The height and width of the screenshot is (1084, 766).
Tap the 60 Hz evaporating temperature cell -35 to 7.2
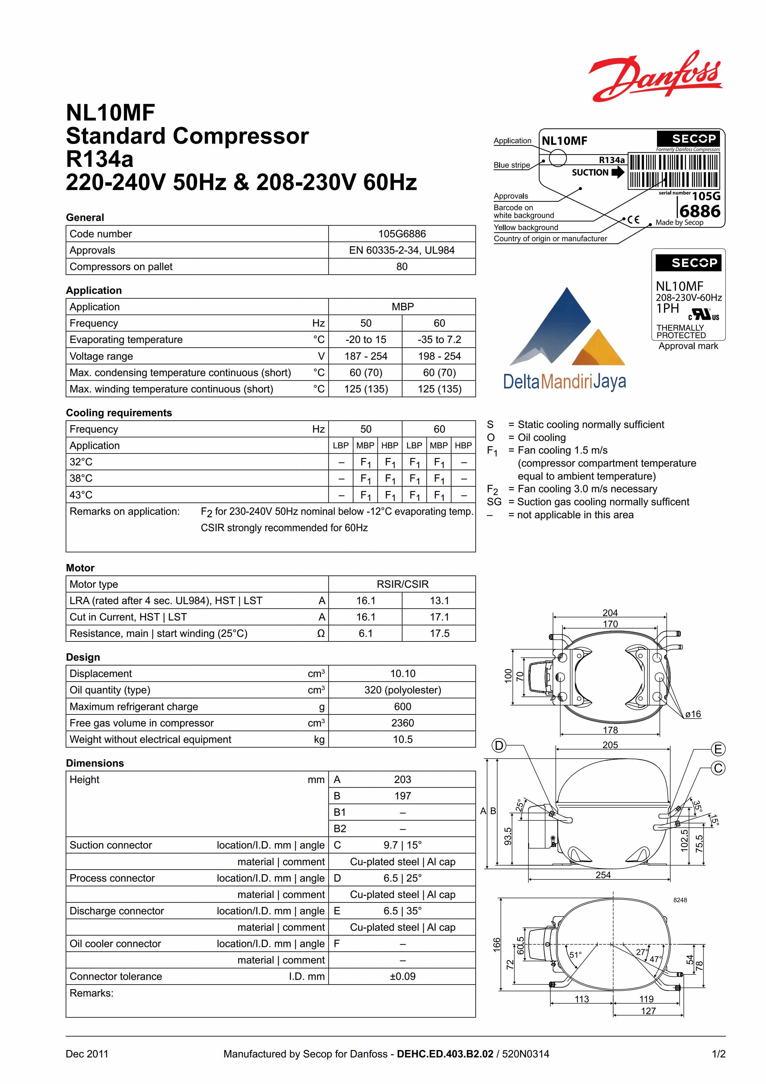coord(439,340)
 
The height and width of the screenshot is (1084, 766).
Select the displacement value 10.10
coord(402,674)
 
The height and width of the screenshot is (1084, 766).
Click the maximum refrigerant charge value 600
coord(402,707)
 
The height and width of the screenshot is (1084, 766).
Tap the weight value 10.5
coord(402,739)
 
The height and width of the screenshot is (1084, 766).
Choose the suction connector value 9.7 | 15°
coord(402,845)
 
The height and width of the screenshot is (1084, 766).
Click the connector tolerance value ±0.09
coord(402,976)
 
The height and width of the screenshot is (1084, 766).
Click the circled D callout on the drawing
coord(499,746)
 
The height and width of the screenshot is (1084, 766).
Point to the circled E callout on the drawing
coord(718,749)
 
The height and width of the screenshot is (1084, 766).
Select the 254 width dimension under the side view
coord(603,875)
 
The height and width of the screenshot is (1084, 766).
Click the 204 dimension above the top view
coord(610,613)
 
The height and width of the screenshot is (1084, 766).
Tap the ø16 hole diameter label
coord(693,714)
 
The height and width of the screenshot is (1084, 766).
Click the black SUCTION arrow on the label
coord(617,172)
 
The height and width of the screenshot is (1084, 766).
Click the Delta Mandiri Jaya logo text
coord(565,382)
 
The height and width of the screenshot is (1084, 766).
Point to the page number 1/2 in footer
coord(718,1054)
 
